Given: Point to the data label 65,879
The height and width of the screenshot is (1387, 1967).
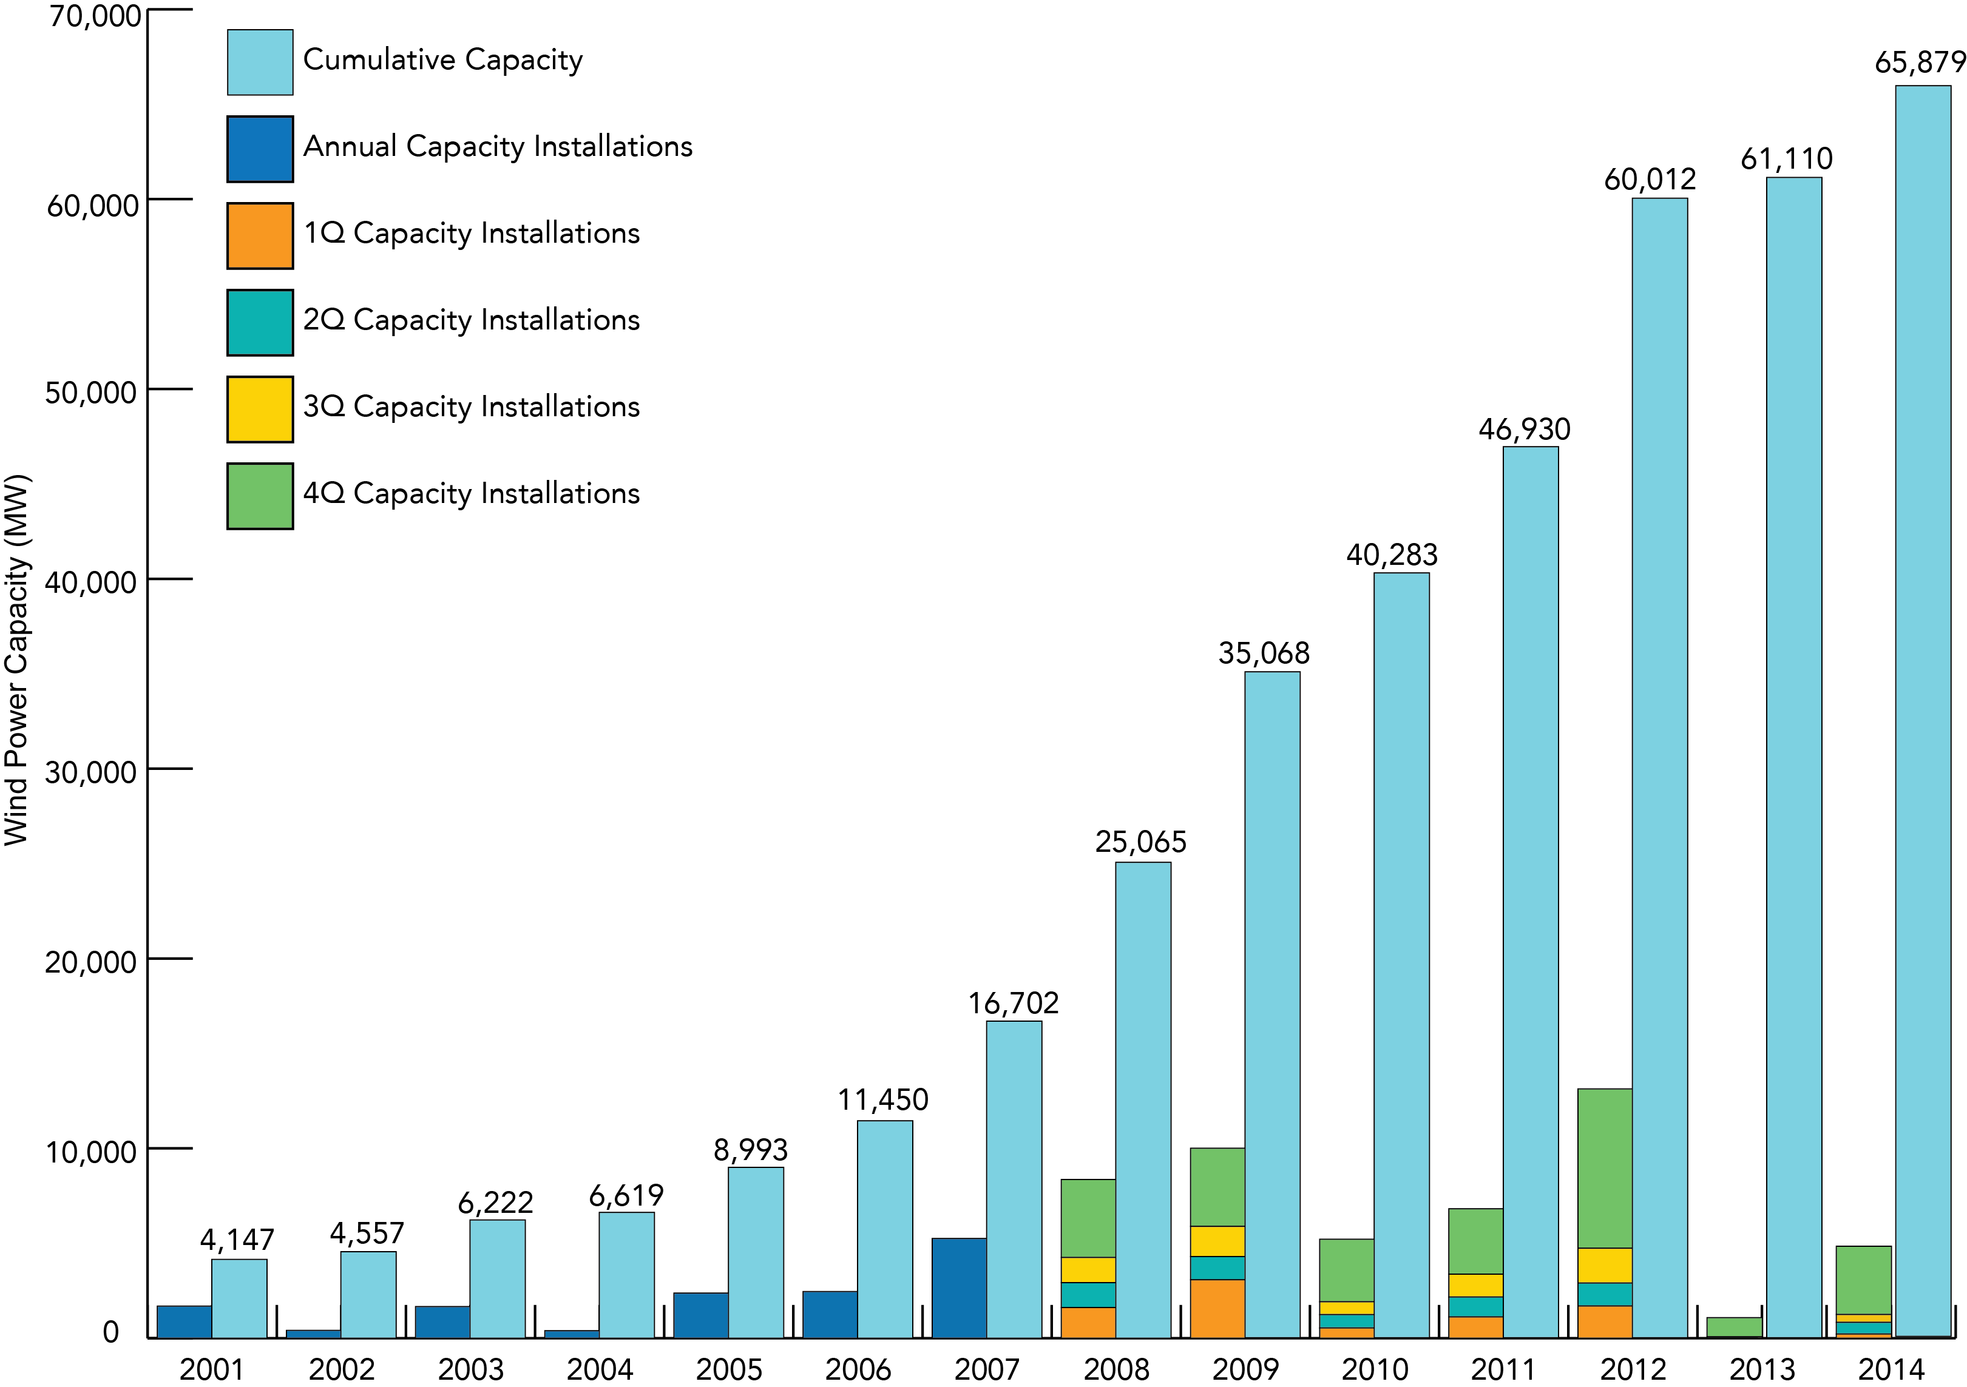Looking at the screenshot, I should click(1918, 62).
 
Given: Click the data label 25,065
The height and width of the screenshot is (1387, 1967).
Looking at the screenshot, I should click(1140, 842).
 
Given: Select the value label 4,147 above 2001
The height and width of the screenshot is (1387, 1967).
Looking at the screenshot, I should click(237, 1239).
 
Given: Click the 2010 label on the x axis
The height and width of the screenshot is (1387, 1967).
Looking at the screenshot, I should click(1374, 1369).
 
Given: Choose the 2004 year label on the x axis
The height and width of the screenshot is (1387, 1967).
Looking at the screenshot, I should click(600, 1369).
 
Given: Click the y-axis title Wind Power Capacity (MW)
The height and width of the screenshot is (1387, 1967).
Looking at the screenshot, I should click(17, 660).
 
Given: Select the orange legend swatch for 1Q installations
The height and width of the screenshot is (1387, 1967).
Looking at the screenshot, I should click(260, 235).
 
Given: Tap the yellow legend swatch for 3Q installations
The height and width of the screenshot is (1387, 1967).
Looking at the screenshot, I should click(260, 409).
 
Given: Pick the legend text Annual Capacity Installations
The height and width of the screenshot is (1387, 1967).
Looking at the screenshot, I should click(497, 146).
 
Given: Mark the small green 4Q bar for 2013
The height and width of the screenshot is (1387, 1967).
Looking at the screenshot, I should click(1733, 1326).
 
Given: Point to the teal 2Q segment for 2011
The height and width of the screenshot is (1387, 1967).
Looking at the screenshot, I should click(1475, 1306).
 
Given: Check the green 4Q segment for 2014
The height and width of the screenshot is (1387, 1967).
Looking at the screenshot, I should click(1863, 1279).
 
